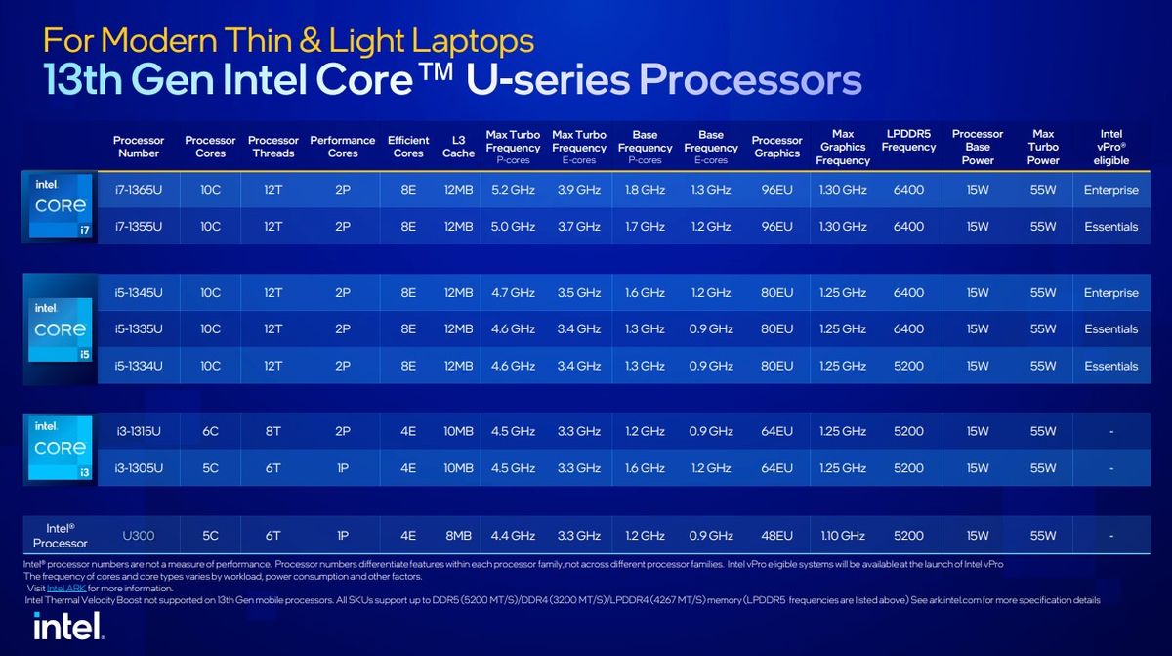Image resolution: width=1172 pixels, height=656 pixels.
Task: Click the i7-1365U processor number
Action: click(138, 190)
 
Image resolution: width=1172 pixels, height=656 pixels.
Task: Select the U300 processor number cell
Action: click(138, 536)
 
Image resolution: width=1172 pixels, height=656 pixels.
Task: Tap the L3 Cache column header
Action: click(458, 147)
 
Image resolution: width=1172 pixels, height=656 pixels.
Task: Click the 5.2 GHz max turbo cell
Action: click(513, 190)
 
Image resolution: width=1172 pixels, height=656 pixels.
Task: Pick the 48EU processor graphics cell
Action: click(776, 536)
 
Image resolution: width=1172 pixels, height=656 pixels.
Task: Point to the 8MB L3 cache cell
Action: click(458, 536)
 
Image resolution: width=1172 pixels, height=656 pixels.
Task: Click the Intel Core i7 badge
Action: click(60, 207)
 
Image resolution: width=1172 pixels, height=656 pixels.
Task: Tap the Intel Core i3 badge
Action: click(60, 448)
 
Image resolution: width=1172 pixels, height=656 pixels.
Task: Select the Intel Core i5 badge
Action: click(60, 329)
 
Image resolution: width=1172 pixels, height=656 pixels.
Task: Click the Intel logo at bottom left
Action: click(67, 627)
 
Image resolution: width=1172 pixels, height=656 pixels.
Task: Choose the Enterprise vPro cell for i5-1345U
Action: click(1110, 293)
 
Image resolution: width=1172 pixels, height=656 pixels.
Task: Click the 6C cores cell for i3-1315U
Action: click(210, 431)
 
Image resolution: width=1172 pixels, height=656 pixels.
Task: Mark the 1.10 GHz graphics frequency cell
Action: click(843, 536)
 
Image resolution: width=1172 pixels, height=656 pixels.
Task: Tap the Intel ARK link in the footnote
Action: click(66, 589)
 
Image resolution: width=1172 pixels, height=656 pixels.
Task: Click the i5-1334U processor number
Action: click(138, 366)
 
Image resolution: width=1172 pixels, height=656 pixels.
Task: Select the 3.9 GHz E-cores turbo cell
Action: click(578, 190)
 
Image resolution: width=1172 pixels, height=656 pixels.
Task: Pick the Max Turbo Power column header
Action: click(1043, 147)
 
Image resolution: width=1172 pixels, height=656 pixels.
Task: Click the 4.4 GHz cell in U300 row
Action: click(513, 536)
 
